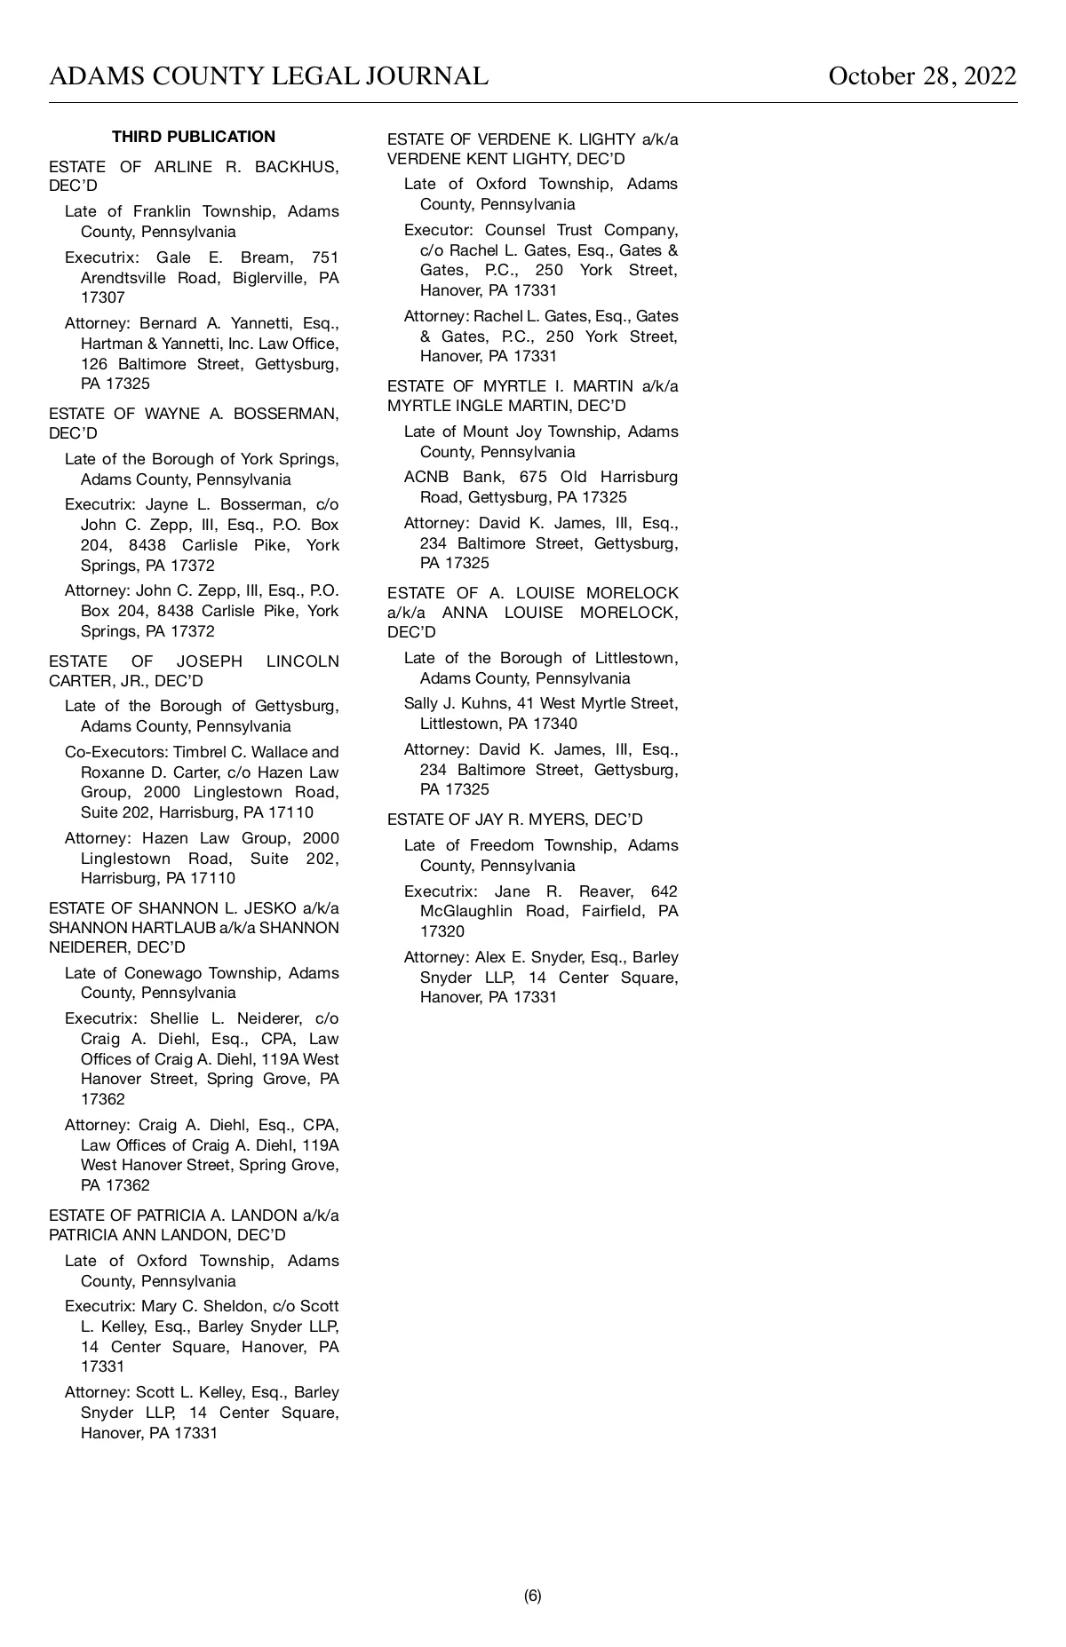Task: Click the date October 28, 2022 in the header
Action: (922, 76)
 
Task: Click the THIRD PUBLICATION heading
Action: (194, 137)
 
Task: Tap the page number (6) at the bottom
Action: (532, 1596)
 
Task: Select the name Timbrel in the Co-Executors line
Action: (203, 752)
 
